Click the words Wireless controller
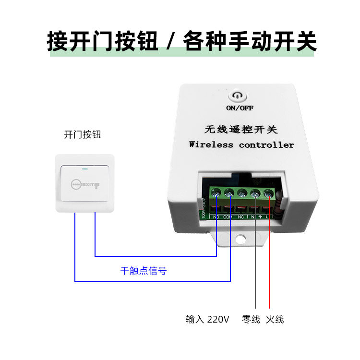pyautogui.click(x=241, y=144)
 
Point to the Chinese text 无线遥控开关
pyautogui.click(x=241, y=130)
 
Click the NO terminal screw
pyautogui.click(x=216, y=195)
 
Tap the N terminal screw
pyautogui.click(x=255, y=194)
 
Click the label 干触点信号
pyautogui.click(x=143, y=271)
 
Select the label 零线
pyautogui.click(x=251, y=319)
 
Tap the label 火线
pyautogui.click(x=275, y=319)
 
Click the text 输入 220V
pyautogui.click(x=207, y=319)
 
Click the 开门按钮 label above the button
pyautogui.click(x=83, y=134)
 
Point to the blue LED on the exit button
pyautogui.click(x=85, y=168)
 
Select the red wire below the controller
pyautogui.click(x=269, y=269)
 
